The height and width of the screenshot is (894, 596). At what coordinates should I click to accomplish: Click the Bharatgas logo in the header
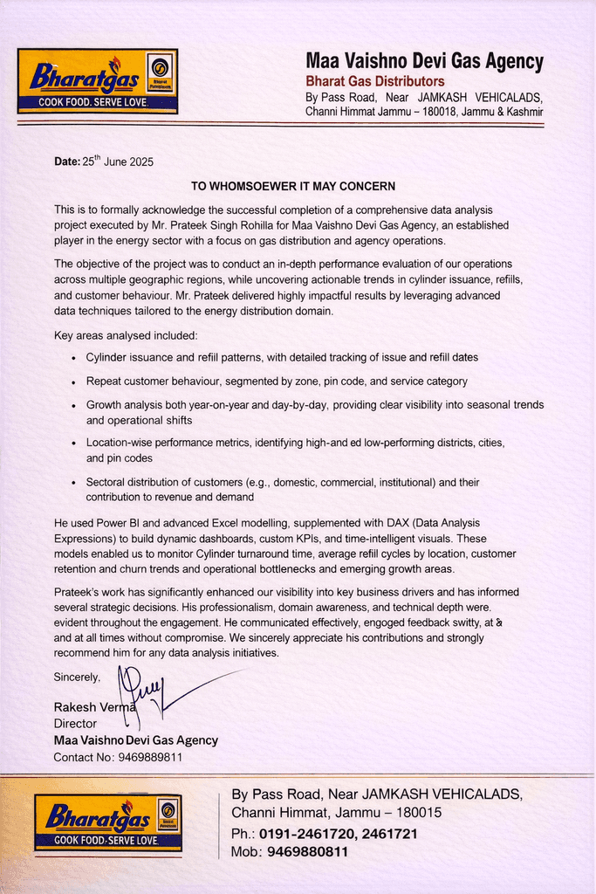click(x=97, y=81)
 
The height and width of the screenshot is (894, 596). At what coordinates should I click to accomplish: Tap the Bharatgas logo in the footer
click(x=108, y=822)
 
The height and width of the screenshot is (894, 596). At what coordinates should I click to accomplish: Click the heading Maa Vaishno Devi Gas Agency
click(x=424, y=62)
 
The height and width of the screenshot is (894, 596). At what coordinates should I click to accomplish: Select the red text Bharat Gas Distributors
click(x=374, y=81)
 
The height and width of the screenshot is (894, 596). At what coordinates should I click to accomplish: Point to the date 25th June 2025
click(x=118, y=162)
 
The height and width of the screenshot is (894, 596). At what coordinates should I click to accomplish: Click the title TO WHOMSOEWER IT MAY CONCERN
click(x=293, y=187)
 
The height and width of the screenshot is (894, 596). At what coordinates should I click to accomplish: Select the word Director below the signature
click(x=75, y=724)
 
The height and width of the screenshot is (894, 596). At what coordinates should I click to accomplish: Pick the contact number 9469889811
click(x=150, y=757)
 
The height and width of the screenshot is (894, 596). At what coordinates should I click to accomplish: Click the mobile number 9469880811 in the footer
click(x=307, y=851)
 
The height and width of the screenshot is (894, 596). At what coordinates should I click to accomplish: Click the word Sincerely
click(x=77, y=677)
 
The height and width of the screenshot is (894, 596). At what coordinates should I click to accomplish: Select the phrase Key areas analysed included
click(x=126, y=335)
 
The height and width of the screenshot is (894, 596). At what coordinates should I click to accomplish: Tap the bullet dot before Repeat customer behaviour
click(x=73, y=382)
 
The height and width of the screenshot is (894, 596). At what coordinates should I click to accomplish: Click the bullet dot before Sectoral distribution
click(x=73, y=483)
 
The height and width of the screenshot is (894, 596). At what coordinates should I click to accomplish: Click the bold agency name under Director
click(x=135, y=740)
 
